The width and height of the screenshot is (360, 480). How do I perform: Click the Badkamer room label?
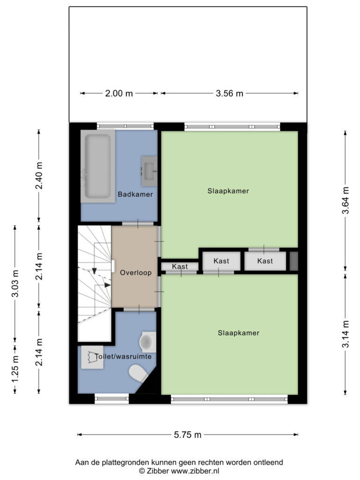pyautogui.click(x=135, y=194)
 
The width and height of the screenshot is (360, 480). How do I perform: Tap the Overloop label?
pyautogui.click(x=135, y=272)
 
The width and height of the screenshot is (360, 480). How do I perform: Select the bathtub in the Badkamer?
pyautogui.click(x=98, y=166)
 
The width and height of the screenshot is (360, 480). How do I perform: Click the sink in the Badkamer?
pyautogui.click(x=149, y=171)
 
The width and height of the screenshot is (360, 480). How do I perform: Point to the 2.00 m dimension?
pyautogui.click(x=119, y=93)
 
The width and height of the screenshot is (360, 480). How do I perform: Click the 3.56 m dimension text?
pyautogui.click(x=229, y=93)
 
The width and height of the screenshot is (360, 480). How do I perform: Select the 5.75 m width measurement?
pyautogui.click(x=187, y=435)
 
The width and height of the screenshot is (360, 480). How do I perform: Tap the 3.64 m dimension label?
pyautogui.click(x=345, y=201)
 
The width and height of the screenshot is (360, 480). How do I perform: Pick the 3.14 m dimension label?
pyautogui.click(x=345, y=334)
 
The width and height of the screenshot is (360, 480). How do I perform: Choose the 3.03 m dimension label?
pyautogui.click(x=15, y=284)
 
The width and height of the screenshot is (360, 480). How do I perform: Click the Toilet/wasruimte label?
pyautogui.click(x=123, y=357)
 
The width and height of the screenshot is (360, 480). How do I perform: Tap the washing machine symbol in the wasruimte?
pyautogui.click(x=92, y=357)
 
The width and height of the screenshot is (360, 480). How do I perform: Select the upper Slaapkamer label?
pyautogui.click(x=228, y=191)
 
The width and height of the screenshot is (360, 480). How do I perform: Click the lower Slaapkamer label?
pyautogui.click(x=239, y=333)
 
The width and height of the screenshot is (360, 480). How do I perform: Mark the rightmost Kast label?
pyautogui.click(x=265, y=261)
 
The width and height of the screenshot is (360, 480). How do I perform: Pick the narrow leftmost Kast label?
pyautogui.click(x=180, y=266)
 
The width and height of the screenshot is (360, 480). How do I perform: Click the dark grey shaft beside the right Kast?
pyautogui.click(x=294, y=261)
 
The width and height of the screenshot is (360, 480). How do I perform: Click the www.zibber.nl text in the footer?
pyautogui.click(x=195, y=471)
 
